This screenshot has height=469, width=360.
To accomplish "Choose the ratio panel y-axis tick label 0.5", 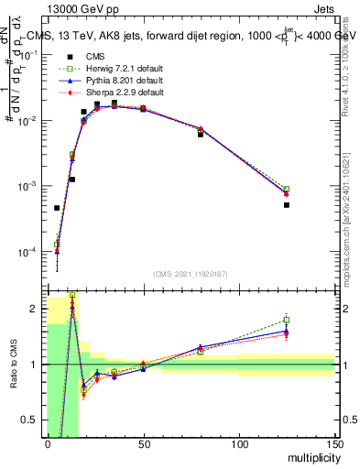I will [32, 420].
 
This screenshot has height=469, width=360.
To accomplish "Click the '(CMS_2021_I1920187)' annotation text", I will [191, 274].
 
